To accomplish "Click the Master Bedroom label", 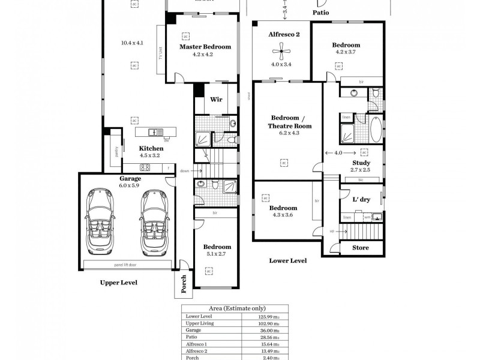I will [x=205, y=47].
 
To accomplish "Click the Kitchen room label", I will [x=151, y=148].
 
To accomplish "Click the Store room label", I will [x=360, y=248].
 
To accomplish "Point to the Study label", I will [x=361, y=163].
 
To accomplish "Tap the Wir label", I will [x=216, y=100].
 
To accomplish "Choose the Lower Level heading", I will [x=289, y=261].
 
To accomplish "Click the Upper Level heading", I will [x=119, y=281].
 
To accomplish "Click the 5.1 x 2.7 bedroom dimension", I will [x=216, y=254].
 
